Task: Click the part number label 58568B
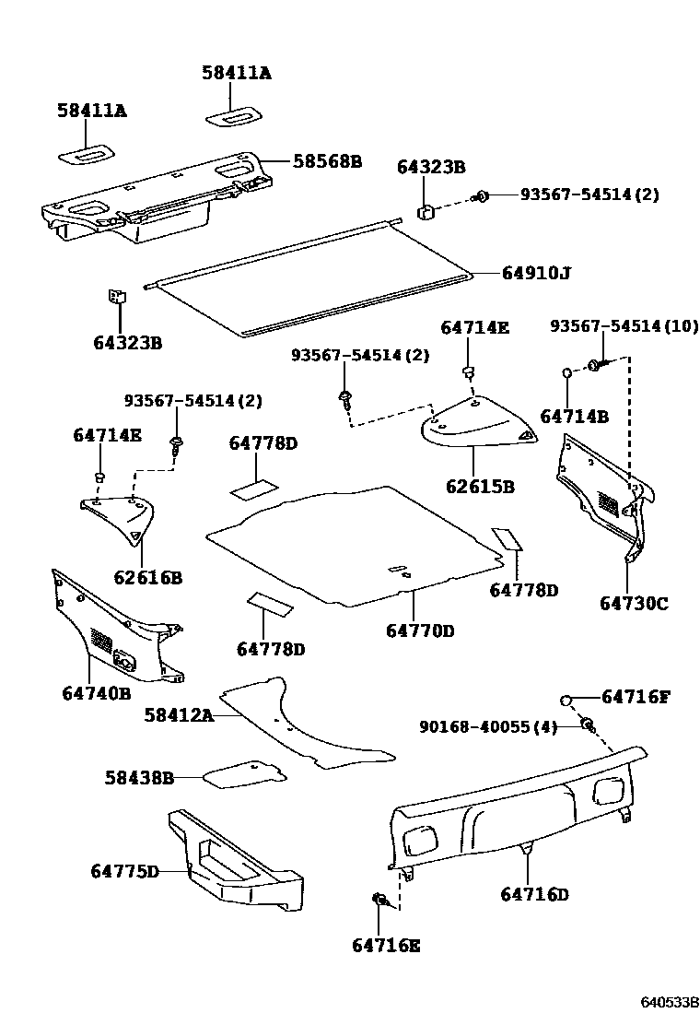click(327, 161)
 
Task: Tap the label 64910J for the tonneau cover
click(536, 273)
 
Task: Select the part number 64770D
click(420, 630)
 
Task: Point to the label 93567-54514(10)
click(624, 326)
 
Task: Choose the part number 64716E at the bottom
click(386, 944)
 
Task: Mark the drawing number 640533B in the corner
click(671, 1001)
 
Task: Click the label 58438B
click(139, 777)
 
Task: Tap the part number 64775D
click(124, 871)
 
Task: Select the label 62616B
click(147, 578)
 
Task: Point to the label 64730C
click(634, 604)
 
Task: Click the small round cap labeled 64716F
click(568, 698)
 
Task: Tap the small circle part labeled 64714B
click(568, 372)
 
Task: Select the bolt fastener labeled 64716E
click(379, 899)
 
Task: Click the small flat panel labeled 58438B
click(242, 772)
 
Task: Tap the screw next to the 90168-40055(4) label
click(587, 725)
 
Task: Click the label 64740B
click(97, 692)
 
